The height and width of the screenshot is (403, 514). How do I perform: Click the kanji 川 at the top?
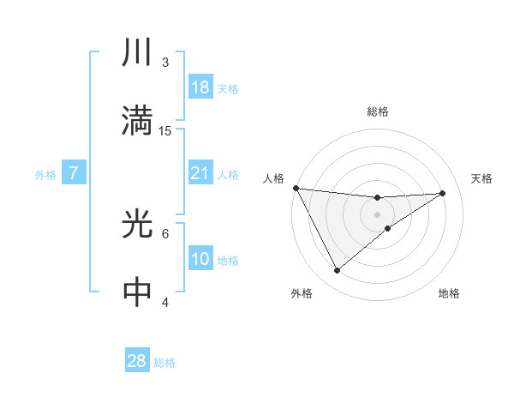pyautogui.click(x=137, y=54)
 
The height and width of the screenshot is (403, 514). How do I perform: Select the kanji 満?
pyautogui.click(x=137, y=121)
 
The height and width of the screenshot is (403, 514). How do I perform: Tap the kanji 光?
pyautogui.click(x=137, y=225)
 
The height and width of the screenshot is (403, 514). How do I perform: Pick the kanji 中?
pyautogui.click(x=137, y=292)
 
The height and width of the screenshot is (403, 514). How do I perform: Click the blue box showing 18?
pyautogui.click(x=200, y=87)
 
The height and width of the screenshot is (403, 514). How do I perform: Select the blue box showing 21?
pyautogui.click(x=200, y=173)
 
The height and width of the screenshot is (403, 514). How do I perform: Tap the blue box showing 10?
pyautogui.click(x=200, y=259)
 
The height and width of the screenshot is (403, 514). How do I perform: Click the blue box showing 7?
pyautogui.click(x=74, y=173)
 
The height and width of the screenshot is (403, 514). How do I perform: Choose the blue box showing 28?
pyautogui.click(x=137, y=361)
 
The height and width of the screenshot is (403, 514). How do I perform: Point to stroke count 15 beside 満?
pyautogui.click(x=166, y=130)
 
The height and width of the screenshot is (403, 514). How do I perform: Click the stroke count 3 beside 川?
pyautogui.click(x=165, y=63)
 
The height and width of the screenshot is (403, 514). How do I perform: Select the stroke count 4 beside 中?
pyautogui.click(x=165, y=301)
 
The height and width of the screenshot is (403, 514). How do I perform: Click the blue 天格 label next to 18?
pyautogui.click(x=228, y=89)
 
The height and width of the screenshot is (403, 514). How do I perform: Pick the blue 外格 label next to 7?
pyautogui.click(x=45, y=175)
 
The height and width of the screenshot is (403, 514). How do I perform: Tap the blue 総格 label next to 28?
pyautogui.click(x=164, y=363)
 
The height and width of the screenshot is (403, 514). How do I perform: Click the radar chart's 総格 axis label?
pyautogui.click(x=378, y=111)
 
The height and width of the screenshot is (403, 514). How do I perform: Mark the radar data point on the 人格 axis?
pyautogui.click(x=296, y=188)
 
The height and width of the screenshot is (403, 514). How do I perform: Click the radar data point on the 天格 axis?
pyautogui.click(x=443, y=193)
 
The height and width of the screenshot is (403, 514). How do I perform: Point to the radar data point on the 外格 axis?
pyautogui.click(x=337, y=270)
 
